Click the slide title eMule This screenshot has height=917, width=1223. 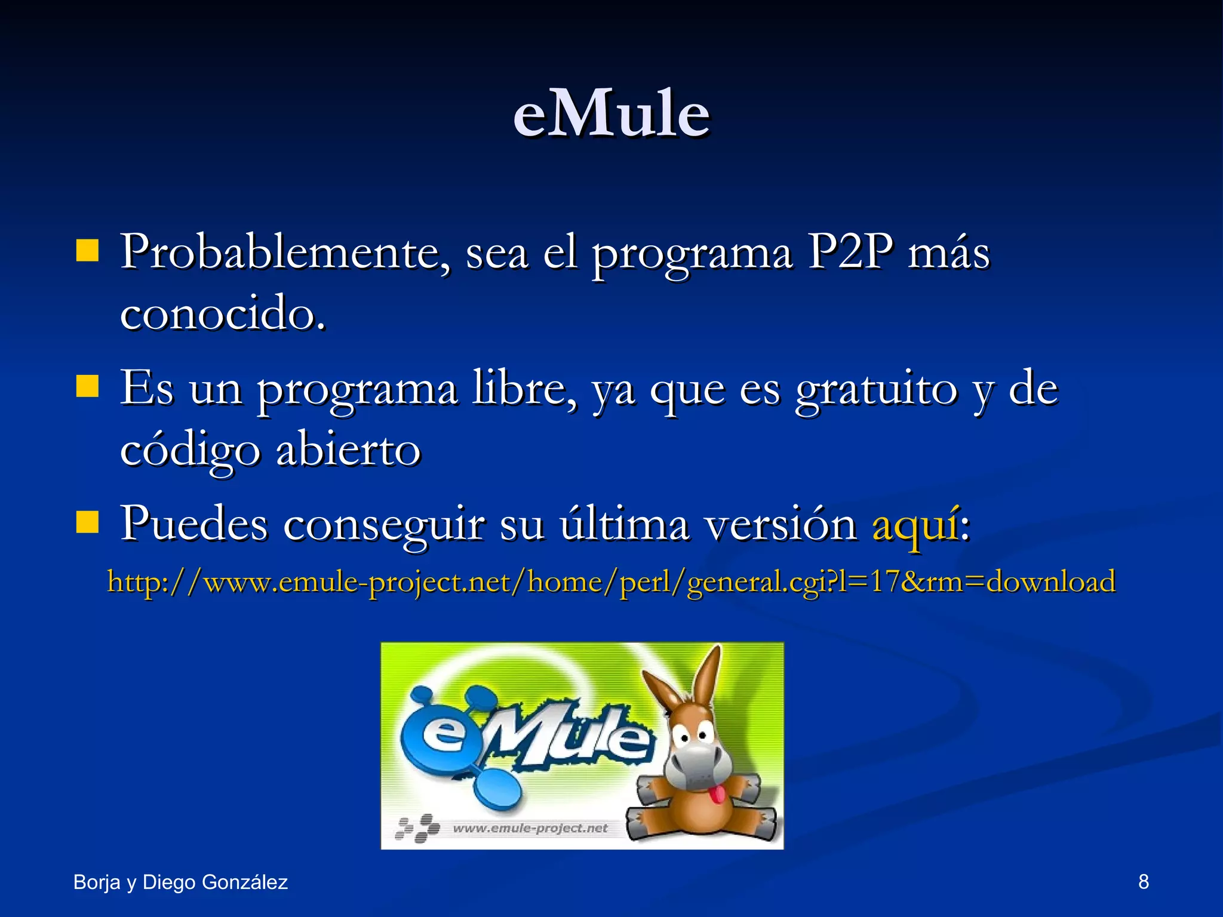click(x=611, y=113)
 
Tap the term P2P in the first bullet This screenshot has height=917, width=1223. click(x=850, y=251)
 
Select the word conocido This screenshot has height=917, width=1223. click(x=222, y=314)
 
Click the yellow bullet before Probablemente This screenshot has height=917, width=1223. click(x=87, y=251)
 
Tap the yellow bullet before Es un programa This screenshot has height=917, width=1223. click(x=87, y=386)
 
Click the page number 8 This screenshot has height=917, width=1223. click(x=1143, y=882)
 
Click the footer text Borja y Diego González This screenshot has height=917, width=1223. click(x=180, y=882)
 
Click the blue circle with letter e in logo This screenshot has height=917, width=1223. click(x=443, y=736)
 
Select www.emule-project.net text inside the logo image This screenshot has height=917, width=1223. click(x=530, y=828)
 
